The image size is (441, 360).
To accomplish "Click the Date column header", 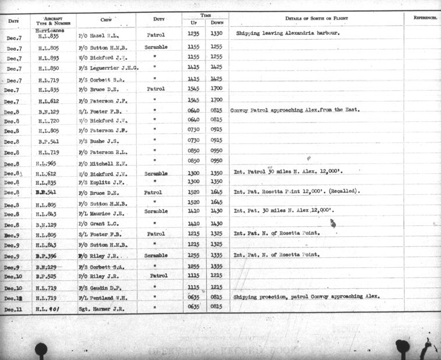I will [x=14, y=21].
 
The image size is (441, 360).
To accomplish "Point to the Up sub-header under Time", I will [x=193, y=22].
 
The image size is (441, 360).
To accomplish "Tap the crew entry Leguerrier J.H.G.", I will [x=109, y=68].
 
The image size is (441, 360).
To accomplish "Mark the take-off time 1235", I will [x=193, y=34].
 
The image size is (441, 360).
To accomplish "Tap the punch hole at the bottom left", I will [x=41, y=349].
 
